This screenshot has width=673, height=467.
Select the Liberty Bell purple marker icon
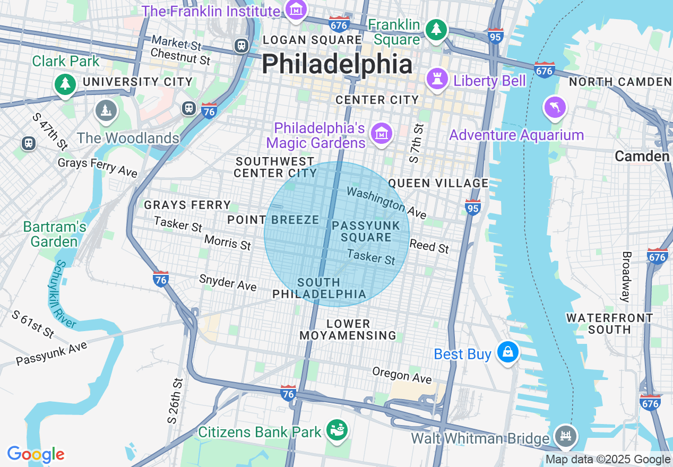pos(437,80)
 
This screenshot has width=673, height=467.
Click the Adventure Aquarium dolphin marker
pos(555,108)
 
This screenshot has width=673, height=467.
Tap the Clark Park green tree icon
pos(65,84)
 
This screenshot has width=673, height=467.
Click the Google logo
pos(36,454)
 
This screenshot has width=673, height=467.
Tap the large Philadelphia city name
pos(336,65)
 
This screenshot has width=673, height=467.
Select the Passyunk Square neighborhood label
pos(366,231)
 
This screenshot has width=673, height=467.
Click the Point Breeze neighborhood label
pos(273,220)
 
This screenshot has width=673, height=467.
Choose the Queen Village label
pos(438,183)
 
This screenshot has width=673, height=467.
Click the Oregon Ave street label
pos(402,375)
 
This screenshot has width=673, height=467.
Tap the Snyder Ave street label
pos(228,283)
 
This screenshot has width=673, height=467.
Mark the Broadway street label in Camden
pos(626,276)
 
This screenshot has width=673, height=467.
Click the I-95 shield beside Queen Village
pos(473,207)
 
